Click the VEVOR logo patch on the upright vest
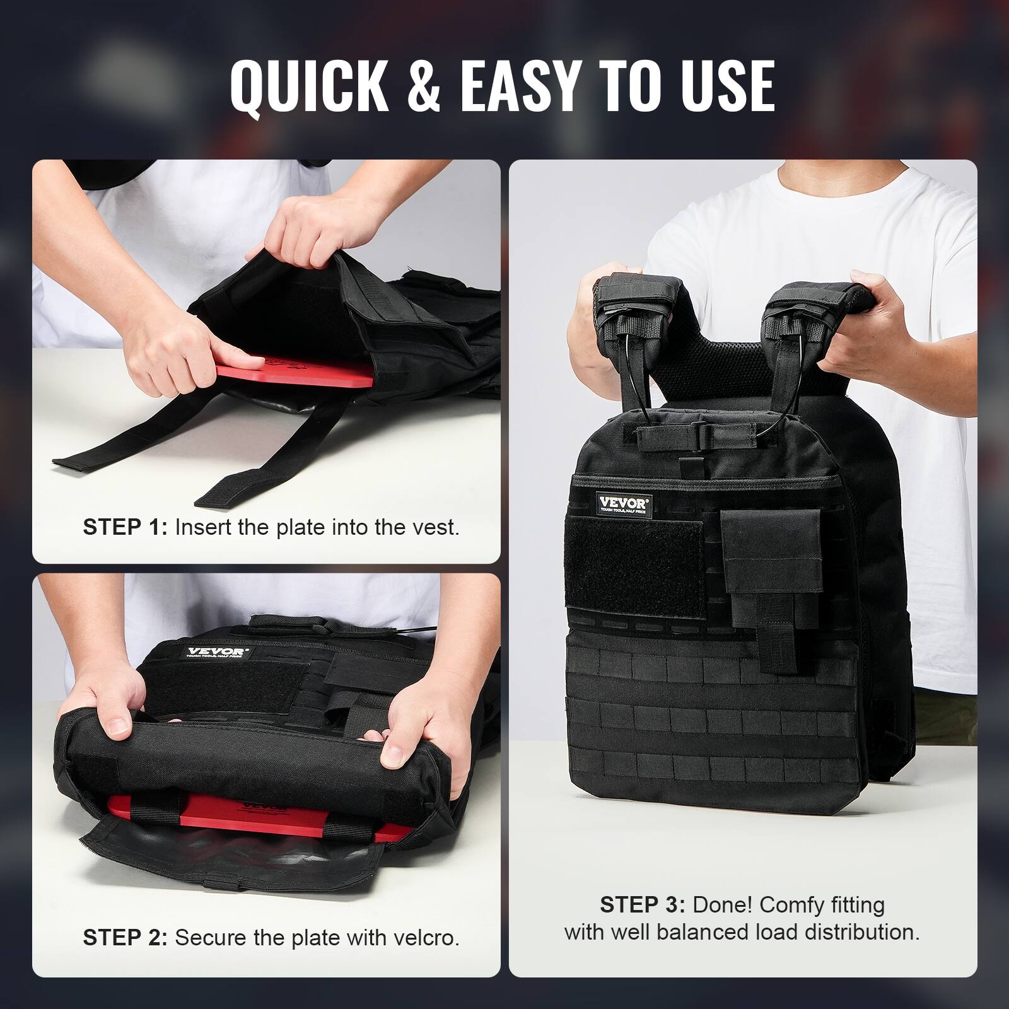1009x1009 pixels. pos(623,505)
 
